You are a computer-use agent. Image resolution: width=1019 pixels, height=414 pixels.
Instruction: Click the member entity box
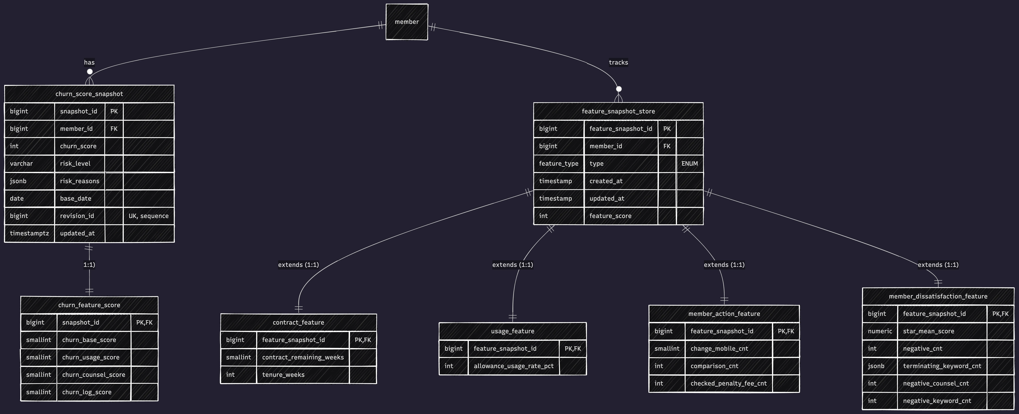407,22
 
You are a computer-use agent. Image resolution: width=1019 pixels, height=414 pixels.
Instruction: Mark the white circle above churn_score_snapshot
90,72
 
